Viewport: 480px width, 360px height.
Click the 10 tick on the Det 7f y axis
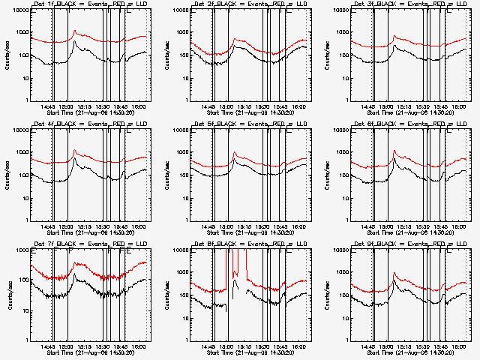[x=24, y=310]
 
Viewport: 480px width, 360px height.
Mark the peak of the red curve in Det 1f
[x=74, y=31]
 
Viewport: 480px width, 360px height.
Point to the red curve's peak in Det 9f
[x=394, y=272]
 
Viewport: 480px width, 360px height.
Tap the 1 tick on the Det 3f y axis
[x=346, y=100]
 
